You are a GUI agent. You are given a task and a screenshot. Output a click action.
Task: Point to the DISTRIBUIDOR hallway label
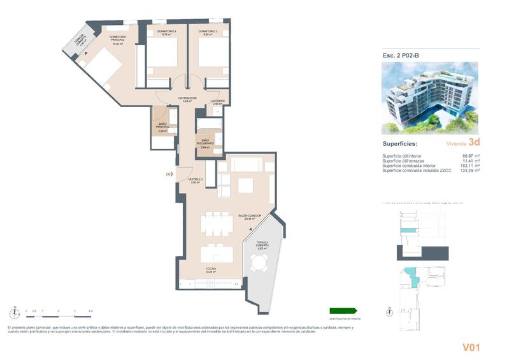point(187,99)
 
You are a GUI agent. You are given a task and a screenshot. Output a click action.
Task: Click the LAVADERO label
point(219,101)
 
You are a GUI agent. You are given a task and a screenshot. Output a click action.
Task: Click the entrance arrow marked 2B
point(168,173)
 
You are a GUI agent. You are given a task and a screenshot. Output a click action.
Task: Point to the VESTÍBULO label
point(196,181)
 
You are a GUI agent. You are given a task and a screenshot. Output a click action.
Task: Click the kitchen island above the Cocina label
point(217,254)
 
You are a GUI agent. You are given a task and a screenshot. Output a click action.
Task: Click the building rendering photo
point(430,99)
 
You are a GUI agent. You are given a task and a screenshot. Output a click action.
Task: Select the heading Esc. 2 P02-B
point(401,55)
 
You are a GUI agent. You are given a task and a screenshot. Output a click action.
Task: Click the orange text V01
point(470,347)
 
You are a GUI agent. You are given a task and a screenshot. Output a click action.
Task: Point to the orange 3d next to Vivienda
point(473,143)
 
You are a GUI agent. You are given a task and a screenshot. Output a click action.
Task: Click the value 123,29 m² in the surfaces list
point(469,170)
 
